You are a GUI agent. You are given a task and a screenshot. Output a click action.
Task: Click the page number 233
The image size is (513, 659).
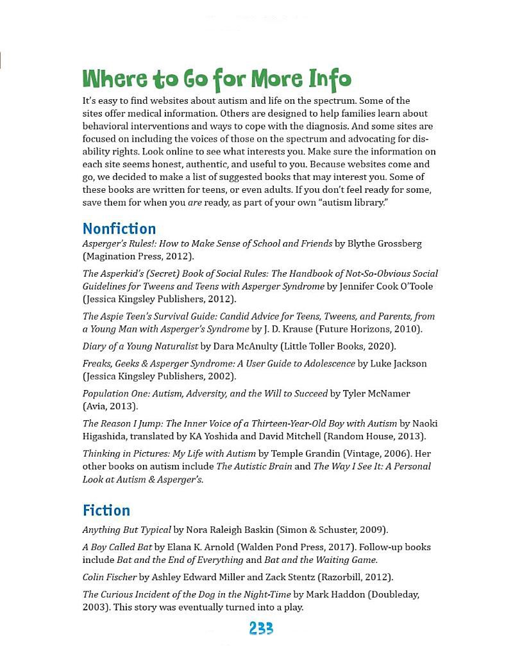(x=261, y=629)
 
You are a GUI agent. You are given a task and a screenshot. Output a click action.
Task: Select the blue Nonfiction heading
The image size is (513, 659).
(x=119, y=229)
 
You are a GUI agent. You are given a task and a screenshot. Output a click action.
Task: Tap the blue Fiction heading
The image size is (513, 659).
(x=106, y=510)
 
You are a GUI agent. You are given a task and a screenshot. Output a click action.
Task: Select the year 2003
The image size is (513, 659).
(x=95, y=607)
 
